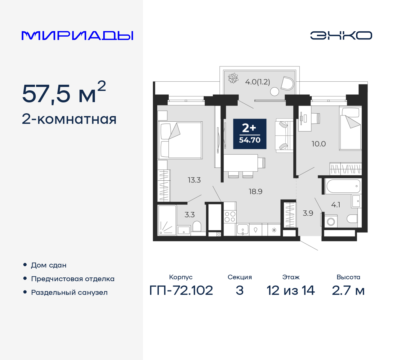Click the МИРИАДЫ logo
click(x=77, y=35)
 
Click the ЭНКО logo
click(x=341, y=35)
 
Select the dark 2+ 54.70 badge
click(x=250, y=134)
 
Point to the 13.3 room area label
click(x=194, y=180)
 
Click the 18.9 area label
click(x=255, y=191)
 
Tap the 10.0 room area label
click(x=319, y=144)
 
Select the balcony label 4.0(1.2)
click(x=257, y=82)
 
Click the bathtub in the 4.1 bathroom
click(x=343, y=186)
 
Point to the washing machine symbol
click(x=331, y=222)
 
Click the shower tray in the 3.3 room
click(x=167, y=220)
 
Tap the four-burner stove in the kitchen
click(x=230, y=217)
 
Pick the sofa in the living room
click(x=284, y=135)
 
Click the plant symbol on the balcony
click(x=233, y=78)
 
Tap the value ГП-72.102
click(x=181, y=290)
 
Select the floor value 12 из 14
click(x=291, y=290)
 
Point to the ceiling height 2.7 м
click(x=348, y=290)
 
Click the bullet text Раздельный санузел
click(x=69, y=292)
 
